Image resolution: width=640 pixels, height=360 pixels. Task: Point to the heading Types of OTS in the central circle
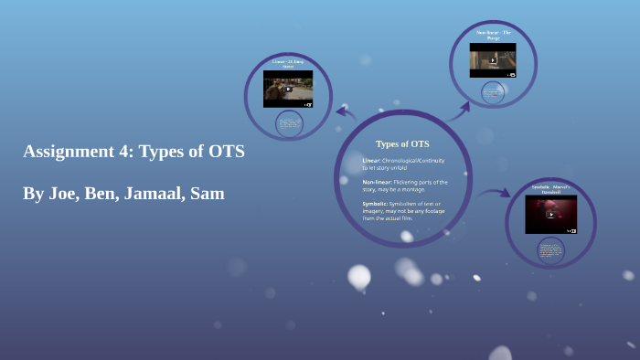point(402,143)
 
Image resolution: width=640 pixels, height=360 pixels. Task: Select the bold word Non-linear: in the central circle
point(379,182)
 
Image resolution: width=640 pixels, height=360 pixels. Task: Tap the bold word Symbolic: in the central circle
point(377,204)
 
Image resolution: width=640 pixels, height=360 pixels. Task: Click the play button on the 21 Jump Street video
point(288,90)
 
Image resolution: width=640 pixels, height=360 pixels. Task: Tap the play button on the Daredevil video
point(550,215)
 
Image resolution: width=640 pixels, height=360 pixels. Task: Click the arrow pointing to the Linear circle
point(346,112)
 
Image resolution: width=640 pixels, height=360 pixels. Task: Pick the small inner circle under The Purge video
point(494,91)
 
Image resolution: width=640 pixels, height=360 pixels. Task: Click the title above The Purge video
point(493,36)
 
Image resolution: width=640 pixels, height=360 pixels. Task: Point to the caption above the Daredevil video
point(550,189)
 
